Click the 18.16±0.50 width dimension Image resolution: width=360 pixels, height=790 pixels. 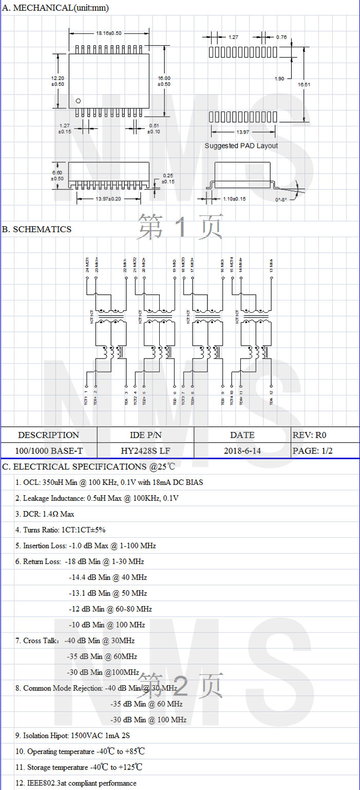(x=109, y=33)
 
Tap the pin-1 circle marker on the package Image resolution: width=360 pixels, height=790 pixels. (x=78, y=101)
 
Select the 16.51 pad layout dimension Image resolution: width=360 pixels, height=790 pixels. (x=305, y=84)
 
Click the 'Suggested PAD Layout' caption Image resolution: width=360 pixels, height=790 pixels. (x=241, y=146)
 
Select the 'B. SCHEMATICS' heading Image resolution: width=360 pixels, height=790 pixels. (x=37, y=230)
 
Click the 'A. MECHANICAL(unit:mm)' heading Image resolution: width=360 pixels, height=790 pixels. (x=55, y=8)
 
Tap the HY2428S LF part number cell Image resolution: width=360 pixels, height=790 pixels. (x=146, y=451)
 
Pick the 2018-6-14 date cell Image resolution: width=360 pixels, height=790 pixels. (x=242, y=451)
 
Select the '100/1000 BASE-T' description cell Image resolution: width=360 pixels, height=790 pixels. (x=49, y=451)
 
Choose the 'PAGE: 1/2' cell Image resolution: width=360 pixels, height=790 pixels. (x=312, y=451)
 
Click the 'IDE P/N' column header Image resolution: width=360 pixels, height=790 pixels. (x=146, y=435)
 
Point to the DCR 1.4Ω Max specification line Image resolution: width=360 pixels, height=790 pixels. (x=45, y=514)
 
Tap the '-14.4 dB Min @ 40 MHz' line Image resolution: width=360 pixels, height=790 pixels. (x=108, y=577)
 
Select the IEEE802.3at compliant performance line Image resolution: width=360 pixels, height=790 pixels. (x=76, y=783)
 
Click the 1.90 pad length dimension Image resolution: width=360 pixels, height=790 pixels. (x=279, y=79)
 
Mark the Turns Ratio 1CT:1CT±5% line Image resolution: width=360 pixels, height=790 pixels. (x=60, y=530)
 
